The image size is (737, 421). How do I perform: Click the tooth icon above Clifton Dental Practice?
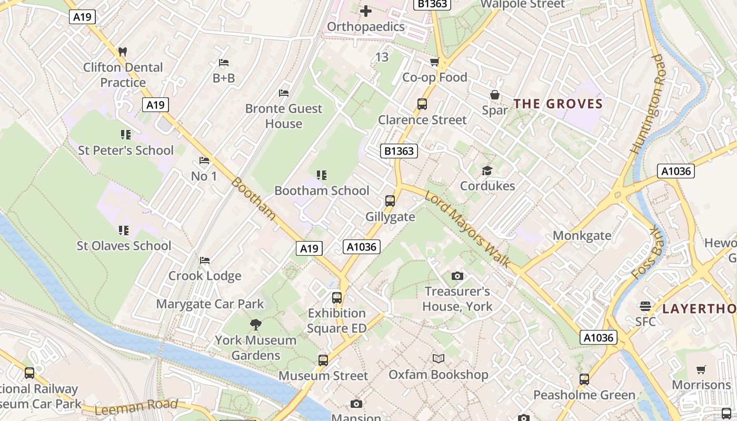pos(123,52)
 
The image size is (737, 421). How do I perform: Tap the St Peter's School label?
pos(125,151)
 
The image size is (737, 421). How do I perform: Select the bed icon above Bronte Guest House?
pos(284,93)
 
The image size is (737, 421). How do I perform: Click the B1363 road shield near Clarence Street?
pos(399,152)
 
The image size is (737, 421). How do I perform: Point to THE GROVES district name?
pos(558,104)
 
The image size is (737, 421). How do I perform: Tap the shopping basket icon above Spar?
pos(495,95)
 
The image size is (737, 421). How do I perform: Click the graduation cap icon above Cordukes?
pos(487,171)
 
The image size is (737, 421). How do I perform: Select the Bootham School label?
pos(322,191)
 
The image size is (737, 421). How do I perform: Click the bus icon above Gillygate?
pos(390,201)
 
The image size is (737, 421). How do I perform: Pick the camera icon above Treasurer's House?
pos(457,276)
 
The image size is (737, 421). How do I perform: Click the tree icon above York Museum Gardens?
pos(256,324)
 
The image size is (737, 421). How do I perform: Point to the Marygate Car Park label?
pos(210,304)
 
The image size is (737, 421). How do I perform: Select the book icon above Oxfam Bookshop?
pos(438,359)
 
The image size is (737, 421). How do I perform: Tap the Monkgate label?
pos(582,235)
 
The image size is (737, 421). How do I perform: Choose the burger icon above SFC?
pos(645,306)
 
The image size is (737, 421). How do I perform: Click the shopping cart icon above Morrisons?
pos(701,369)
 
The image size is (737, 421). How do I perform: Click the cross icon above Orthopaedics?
pos(366,11)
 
